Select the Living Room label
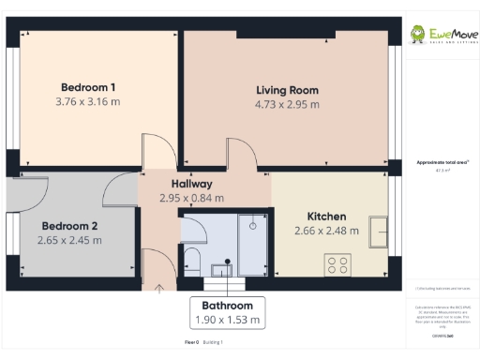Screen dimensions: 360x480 tap(288, 91)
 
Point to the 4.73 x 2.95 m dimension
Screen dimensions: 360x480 tap(288, 105)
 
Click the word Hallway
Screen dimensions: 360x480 tap(191, 184)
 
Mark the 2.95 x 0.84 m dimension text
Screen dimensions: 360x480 tap(191, 198)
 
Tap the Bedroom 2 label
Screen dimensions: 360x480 tap(69, 226)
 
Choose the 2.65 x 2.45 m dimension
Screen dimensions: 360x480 tap(69, 240)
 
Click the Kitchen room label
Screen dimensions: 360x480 tap(326, 217)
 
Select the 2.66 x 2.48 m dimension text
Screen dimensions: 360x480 tap(326, 232)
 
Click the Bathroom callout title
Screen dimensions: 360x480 tap(228, 306)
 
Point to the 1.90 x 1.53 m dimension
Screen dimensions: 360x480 tap(228, 320)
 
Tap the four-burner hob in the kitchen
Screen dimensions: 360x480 tap(337, 265)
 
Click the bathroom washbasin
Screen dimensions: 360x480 tap(221, 270)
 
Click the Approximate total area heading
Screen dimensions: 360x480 tap(441, 162)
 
